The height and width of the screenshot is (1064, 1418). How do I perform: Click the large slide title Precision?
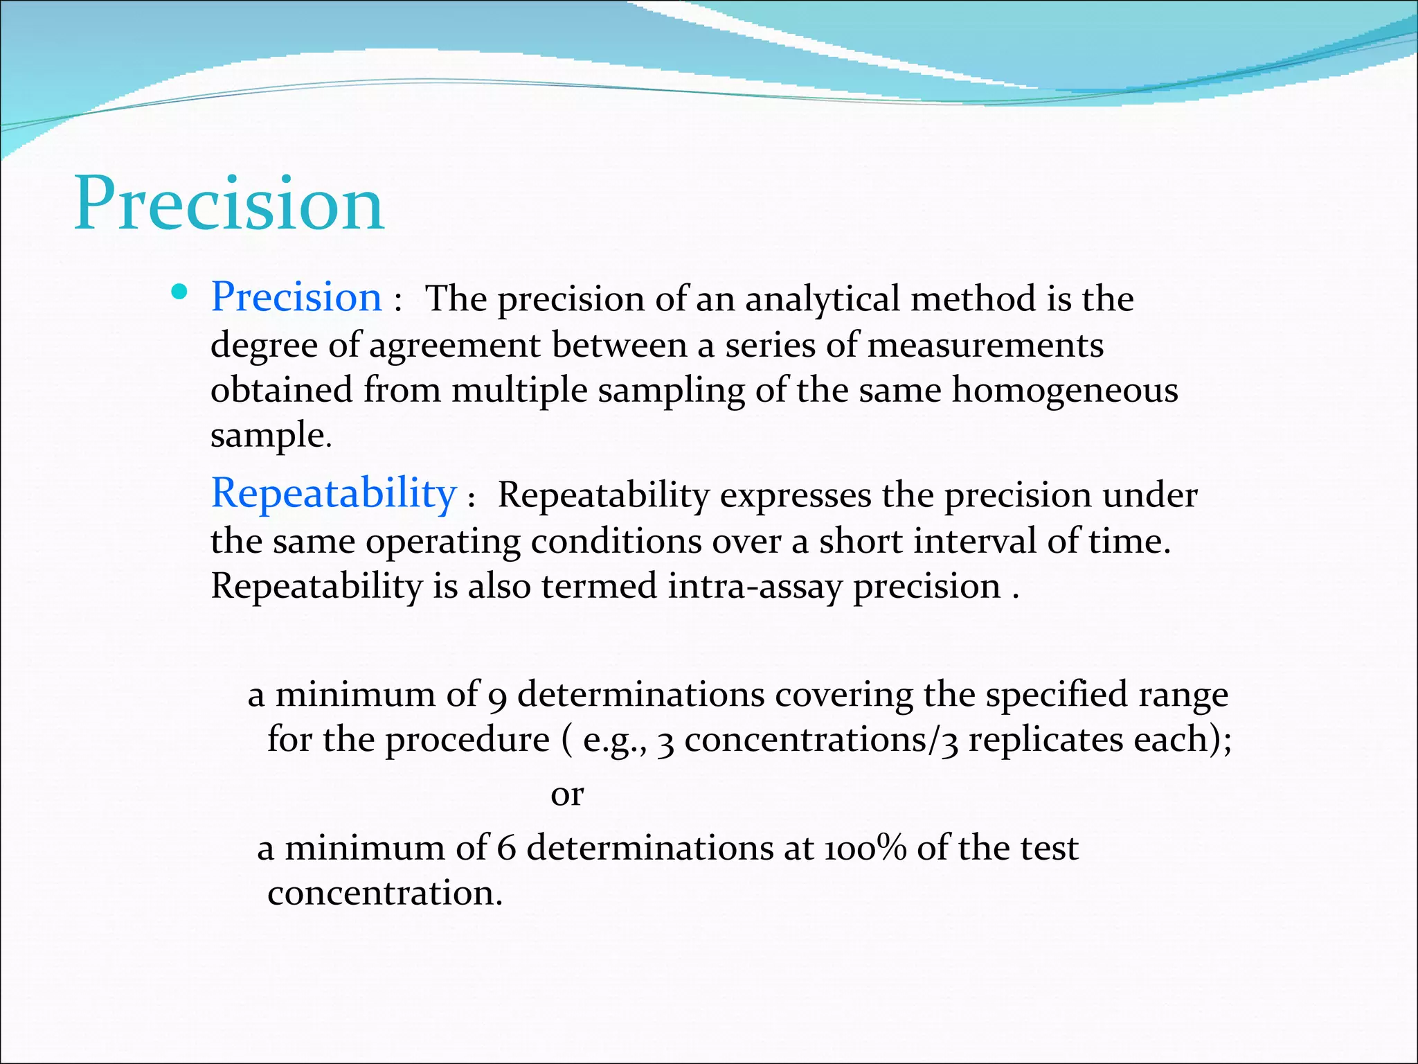228,204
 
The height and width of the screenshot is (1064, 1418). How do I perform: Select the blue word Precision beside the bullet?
296,298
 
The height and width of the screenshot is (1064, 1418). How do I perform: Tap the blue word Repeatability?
334,494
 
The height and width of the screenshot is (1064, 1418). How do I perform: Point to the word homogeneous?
1064,390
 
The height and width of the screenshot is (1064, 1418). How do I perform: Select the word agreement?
454,345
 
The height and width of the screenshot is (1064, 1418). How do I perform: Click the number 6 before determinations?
506,849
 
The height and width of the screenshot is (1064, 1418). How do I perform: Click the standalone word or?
567,795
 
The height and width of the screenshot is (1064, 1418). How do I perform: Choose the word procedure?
467,740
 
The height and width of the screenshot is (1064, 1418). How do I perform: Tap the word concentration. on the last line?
385,894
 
